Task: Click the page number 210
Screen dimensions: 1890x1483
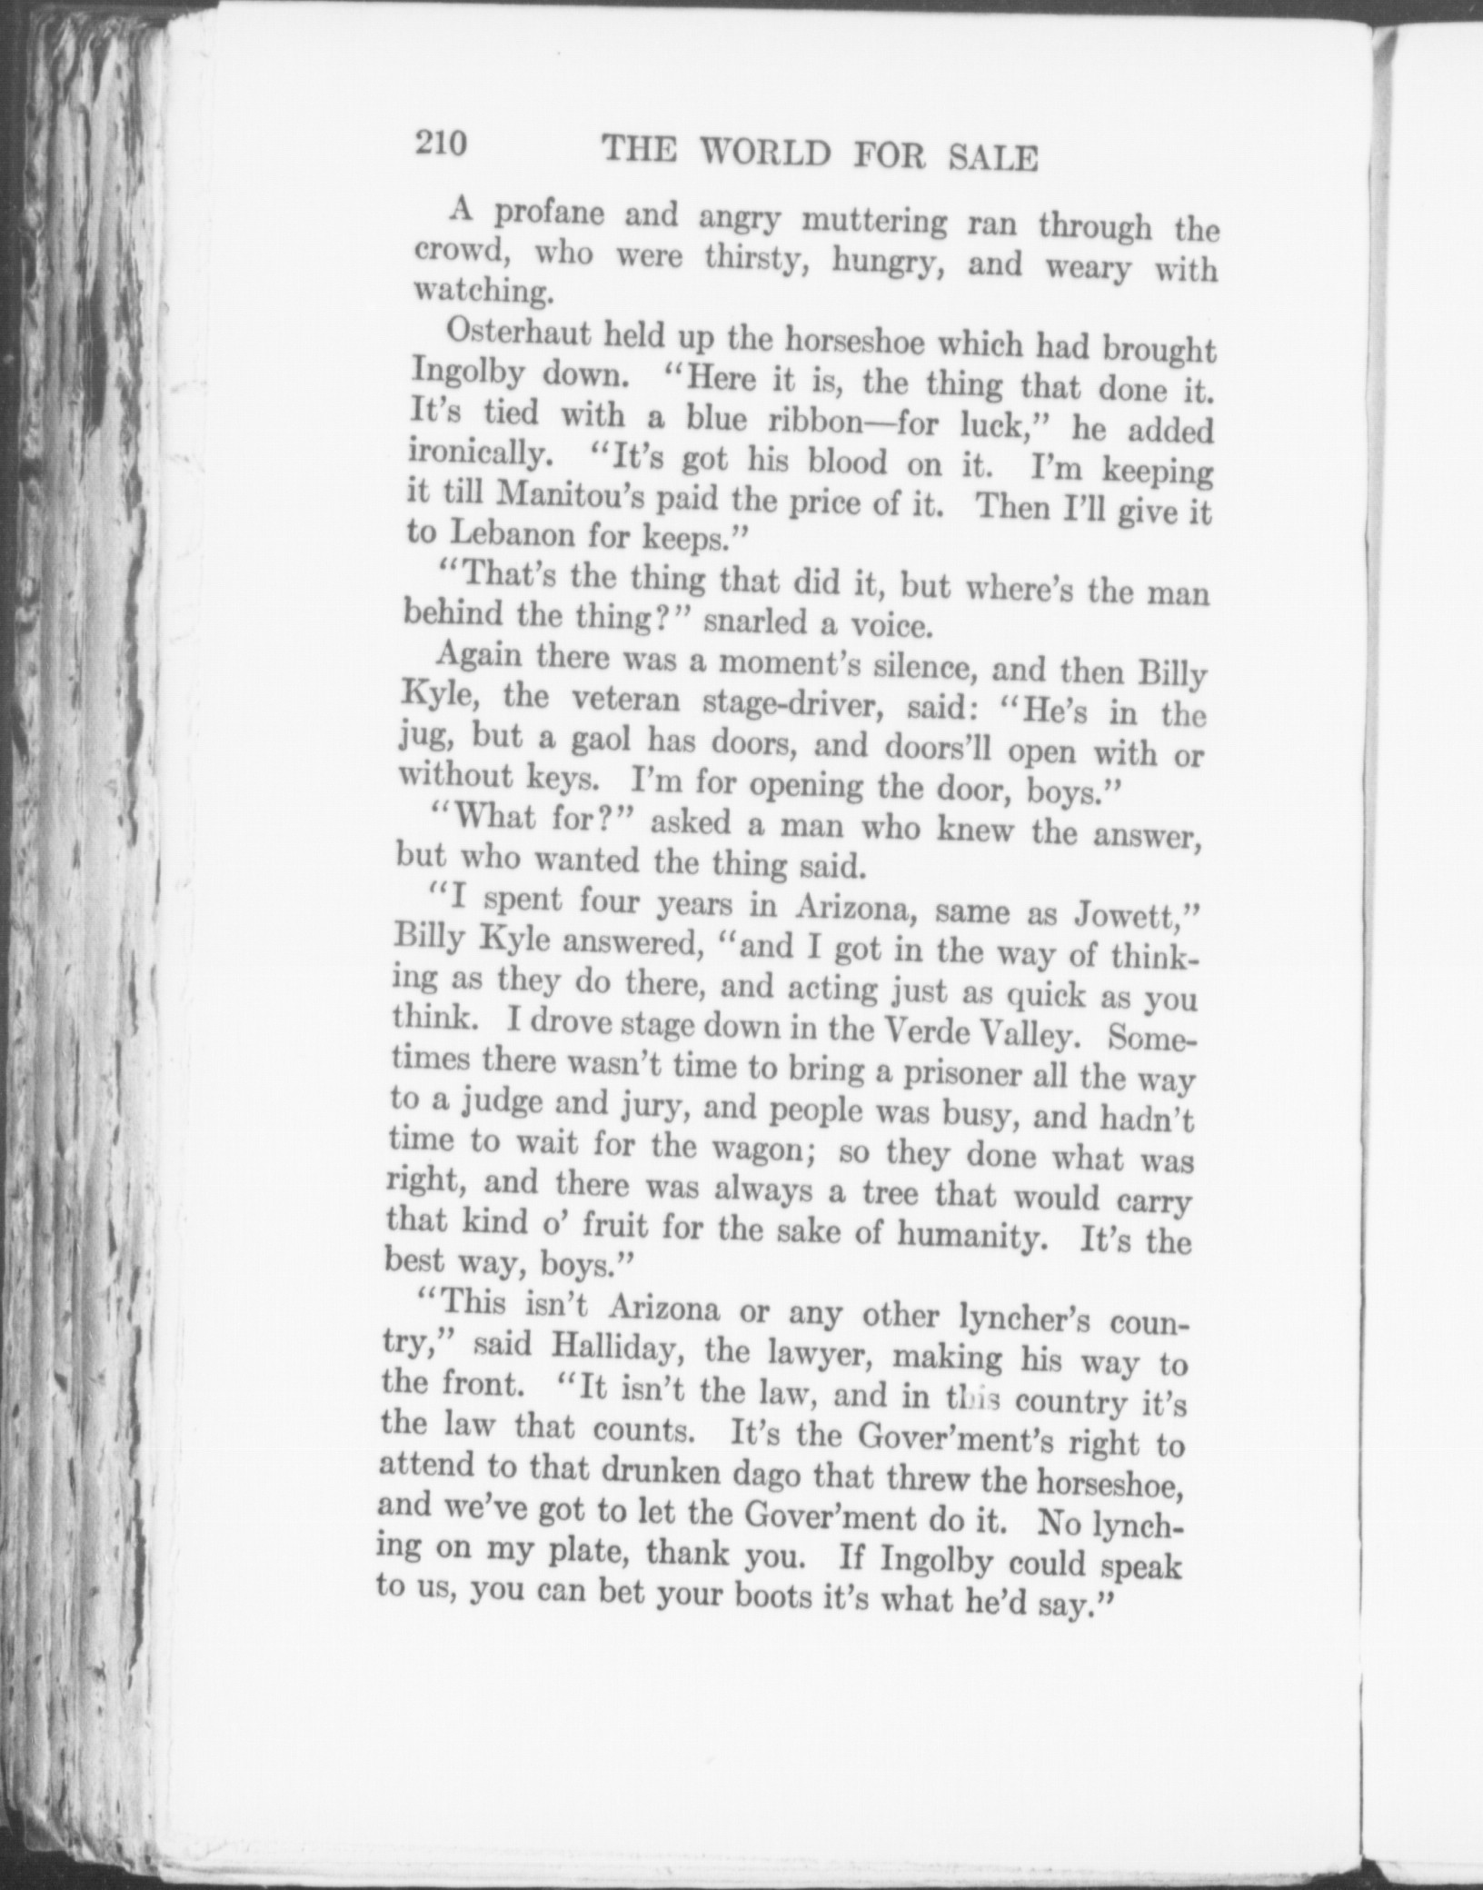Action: tap(441, 143)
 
